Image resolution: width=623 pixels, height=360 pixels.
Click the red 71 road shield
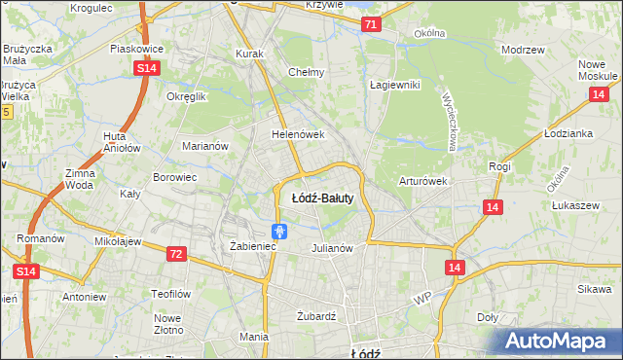tap(370, 24)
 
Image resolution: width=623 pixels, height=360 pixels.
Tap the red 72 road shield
tap(175, 254)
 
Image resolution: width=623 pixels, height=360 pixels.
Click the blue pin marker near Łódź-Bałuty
tap(279, 232)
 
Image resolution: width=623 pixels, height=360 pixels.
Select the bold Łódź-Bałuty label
tap(322, 197)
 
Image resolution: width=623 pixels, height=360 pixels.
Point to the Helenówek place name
tap(297, 134)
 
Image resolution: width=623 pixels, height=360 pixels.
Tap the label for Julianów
tap(331, 247)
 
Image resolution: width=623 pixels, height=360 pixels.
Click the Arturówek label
tap(422, 181)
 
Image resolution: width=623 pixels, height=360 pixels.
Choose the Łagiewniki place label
tap(394, 85)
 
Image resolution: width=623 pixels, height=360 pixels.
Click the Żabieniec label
tap(254, 247)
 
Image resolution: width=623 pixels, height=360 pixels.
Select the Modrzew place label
tap(521, 49)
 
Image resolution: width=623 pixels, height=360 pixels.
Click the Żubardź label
tap(315, 316)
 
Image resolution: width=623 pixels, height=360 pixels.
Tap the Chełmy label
tap(307, 71)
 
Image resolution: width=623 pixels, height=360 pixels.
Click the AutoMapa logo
tap(561, 341)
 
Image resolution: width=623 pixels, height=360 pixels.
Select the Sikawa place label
tap(593, 289)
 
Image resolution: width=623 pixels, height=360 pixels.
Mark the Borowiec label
tap(175, 178)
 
